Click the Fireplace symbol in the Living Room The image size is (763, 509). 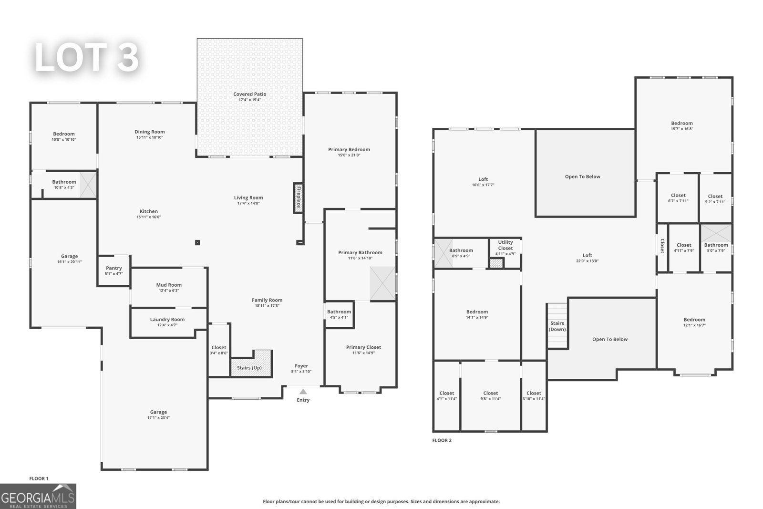[x=299, y=198]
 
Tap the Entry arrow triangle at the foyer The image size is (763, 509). [x=303, y=392]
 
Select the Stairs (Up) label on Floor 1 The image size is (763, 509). [x=249, y=368]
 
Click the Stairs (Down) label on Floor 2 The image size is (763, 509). [x=557, y=326]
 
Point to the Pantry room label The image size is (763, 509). [x=113, y=268]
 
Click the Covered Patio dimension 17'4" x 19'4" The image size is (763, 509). [x=249, y=100]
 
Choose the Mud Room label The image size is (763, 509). [x=169, y=285]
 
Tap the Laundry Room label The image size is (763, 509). [x=167, y=320]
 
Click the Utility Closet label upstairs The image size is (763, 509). [x=505, y=245]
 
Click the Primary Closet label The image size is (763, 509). [x=363, y=347]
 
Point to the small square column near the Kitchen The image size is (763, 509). [x=197, y=242]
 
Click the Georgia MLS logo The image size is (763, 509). [x=38, y=496]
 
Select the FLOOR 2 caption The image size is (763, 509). [x=442, y=440]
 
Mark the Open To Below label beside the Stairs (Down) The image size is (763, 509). [x=609, y=339]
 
